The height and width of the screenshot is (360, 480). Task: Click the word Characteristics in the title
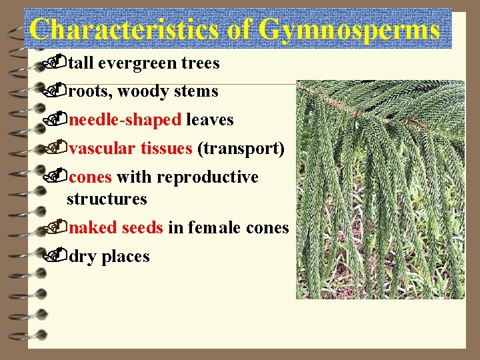(x=123, y=31)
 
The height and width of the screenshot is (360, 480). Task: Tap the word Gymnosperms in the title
(x=349, y=31)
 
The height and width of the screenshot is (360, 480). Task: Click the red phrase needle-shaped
(x=125, y=120)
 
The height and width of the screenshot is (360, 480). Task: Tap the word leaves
(x=210, y=120)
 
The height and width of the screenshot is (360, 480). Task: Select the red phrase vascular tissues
(x=131, y=149)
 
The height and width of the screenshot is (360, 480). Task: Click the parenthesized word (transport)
(x=241, y=149)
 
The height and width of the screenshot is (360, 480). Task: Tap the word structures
(x=107, y=199)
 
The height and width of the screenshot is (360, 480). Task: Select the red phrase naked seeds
(x=116, y=228)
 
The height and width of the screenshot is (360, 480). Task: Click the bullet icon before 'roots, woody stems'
(x=61, y=91)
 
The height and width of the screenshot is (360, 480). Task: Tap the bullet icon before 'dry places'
(x=61, y=255)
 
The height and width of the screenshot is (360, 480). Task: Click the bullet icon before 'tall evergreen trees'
(x=61, y=63)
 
